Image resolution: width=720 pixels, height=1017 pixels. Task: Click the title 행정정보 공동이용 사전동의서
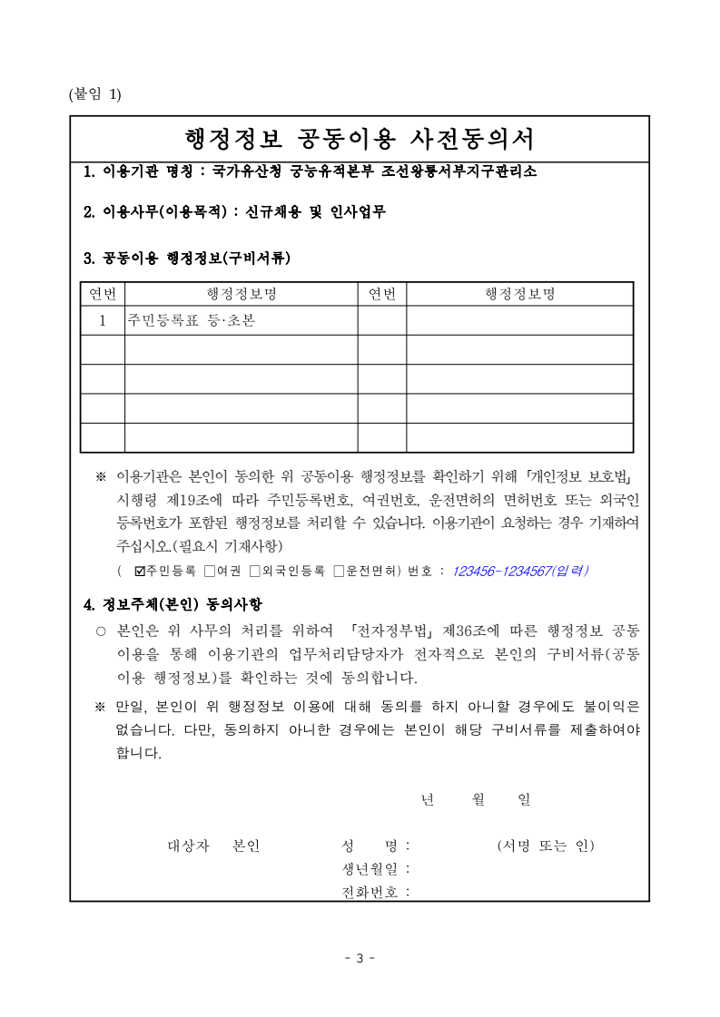tap(360, 139)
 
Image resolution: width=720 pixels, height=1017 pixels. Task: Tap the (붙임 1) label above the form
tap(94, 94)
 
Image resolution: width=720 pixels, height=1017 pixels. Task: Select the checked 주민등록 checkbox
tap(139, 571)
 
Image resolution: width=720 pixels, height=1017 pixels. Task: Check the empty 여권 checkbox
tap(209, 571)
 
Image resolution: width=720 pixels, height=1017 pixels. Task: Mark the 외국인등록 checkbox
tap(254, 571)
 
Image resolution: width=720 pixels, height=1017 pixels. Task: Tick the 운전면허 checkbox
tap(339, 571)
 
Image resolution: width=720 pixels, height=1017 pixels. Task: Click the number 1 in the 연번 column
tap(103, 320)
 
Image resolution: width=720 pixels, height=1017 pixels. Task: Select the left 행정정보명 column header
tap(241, 294)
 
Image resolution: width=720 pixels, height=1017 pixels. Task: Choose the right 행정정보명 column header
tap(519, 294)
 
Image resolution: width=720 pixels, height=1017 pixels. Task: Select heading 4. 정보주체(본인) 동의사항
tap(173, 604)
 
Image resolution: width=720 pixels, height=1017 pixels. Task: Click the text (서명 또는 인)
tap(546, 846)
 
